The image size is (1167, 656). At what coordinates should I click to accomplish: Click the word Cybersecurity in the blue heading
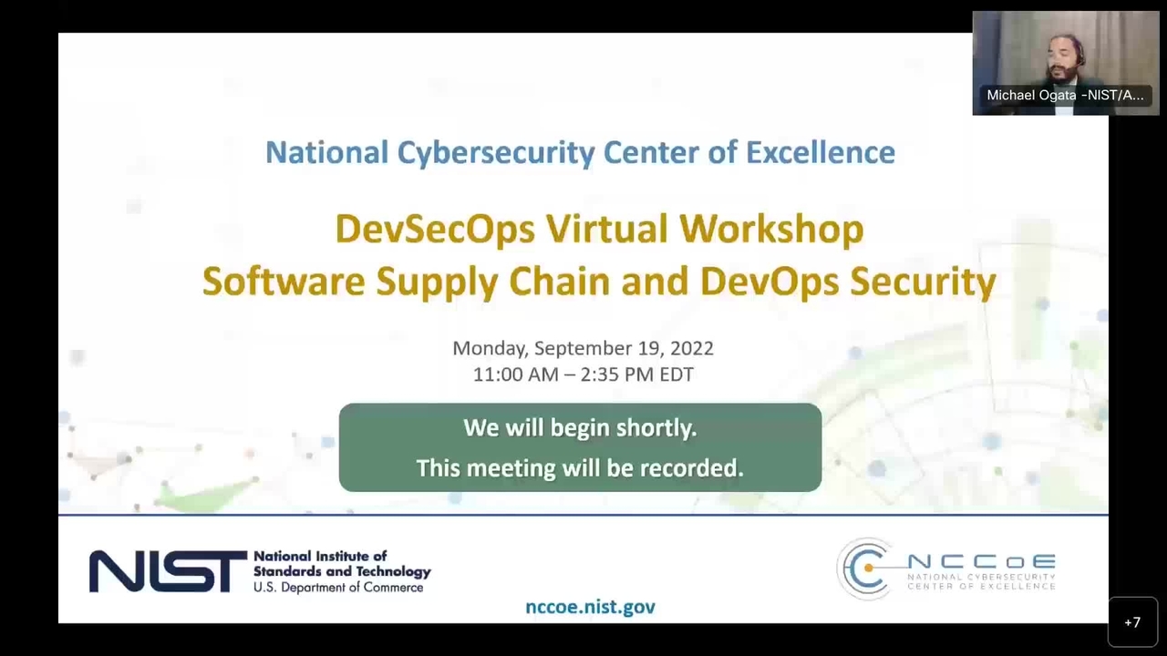pos(495,153)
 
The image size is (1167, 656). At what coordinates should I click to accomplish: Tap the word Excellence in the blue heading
pos(821,152)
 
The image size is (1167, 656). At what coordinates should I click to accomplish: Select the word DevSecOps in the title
pos(435,230)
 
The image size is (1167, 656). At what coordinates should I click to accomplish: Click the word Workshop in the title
pos(771,230)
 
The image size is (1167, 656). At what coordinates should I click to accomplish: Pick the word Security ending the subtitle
pos(923,282)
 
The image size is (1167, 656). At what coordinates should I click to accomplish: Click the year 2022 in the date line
pos(692,348)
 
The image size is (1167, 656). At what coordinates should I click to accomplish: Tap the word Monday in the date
pos(490,349)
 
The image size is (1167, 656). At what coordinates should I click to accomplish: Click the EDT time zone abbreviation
pos(676,374)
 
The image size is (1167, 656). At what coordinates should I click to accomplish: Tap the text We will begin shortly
pos(580,428)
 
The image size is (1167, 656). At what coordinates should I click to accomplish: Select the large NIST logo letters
pos(168,571)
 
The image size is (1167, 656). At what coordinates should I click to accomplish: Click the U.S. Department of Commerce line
pos(338,588)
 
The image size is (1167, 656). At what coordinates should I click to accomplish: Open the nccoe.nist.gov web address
pos(590,607)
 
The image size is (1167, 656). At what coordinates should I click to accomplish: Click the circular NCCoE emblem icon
pos(863,569)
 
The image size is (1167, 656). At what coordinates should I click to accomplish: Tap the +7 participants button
pos(1132,622)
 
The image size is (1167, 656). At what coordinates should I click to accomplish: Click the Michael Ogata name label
pos(1065,96)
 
